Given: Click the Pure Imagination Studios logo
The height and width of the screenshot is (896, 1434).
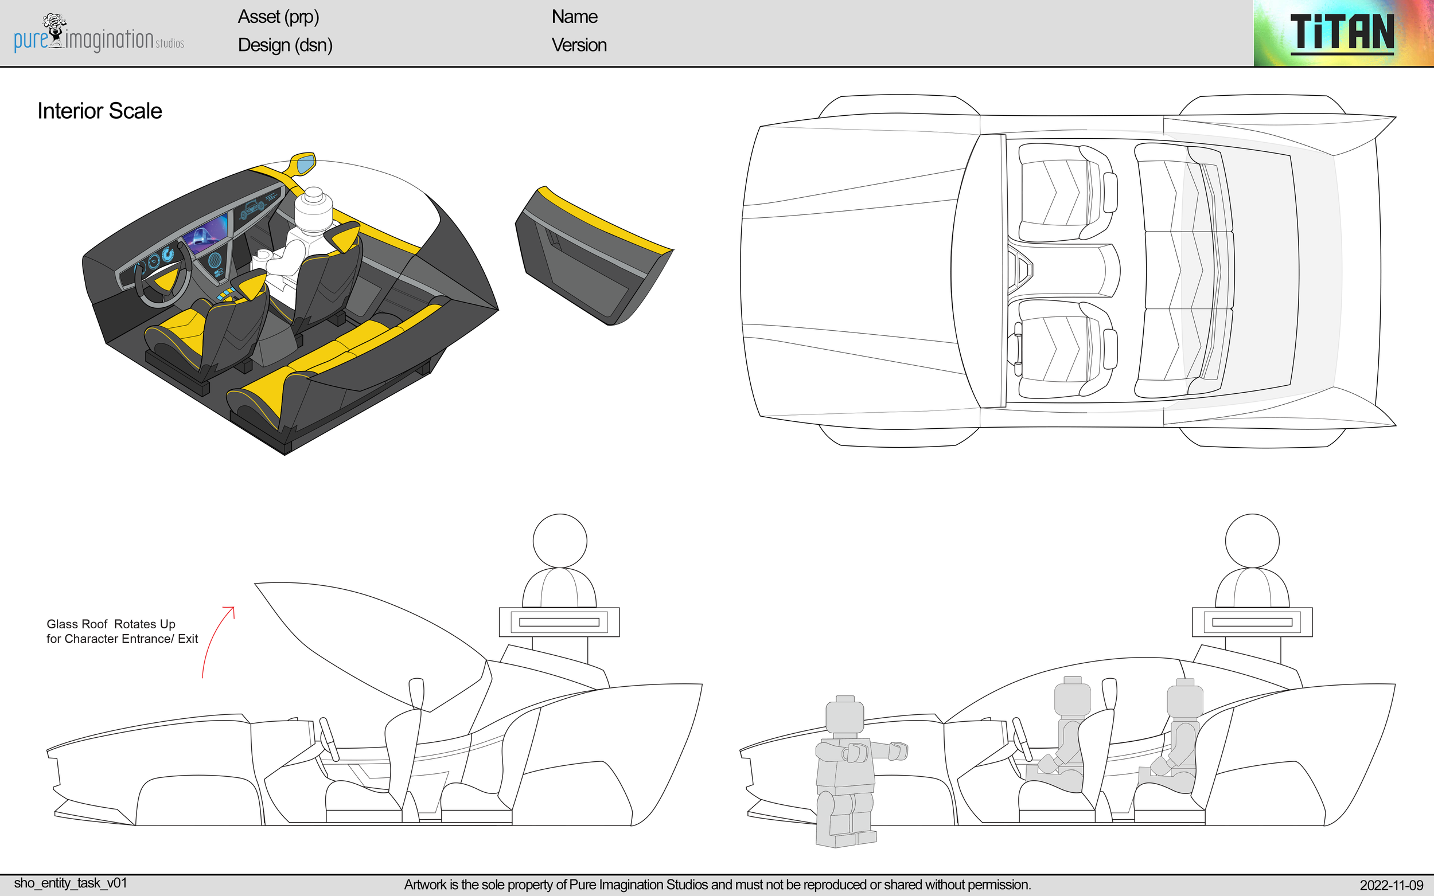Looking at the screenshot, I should click(99, 34).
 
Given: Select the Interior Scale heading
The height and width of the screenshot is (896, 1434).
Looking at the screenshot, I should click(100, 111).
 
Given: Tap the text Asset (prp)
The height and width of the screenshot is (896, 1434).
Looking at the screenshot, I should click(278, 17).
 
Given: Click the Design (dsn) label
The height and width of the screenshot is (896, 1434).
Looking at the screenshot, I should click(285, 45).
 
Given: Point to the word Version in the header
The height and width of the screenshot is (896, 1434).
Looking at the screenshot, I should click(579, 45).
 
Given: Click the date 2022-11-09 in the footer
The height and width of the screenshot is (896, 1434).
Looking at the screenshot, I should click(1391, 885).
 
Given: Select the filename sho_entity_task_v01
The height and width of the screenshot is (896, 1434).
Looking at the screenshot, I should click(71, 883).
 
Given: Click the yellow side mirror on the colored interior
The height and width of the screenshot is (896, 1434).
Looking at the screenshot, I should click(303, 163).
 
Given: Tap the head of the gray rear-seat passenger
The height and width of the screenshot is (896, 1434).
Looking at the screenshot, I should click(1184, 700).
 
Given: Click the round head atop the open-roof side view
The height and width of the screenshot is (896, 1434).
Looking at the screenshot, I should click(560, 541).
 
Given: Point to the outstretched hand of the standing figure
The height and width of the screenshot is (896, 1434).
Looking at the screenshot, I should click(899, 751).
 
